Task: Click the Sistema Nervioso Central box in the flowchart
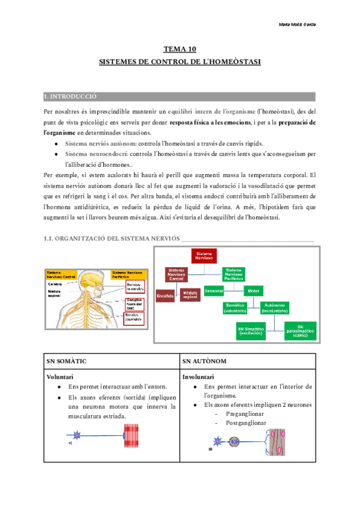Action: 177,274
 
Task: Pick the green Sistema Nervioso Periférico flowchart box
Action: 235,274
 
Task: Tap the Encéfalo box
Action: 165,297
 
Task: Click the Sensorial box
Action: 214,291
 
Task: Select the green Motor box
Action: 251,291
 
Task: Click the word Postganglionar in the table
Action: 246,423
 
